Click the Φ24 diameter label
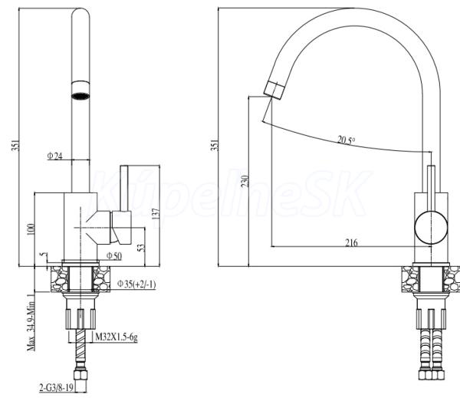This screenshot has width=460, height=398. tap(55, 156)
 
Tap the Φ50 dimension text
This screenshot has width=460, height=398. tap(114, 256)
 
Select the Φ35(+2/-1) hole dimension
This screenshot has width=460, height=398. tap(136, 284)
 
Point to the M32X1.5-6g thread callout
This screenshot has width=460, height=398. tap(117, 337)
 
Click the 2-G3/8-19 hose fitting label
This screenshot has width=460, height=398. tap(56, 388)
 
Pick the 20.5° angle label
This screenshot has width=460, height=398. tap(347, 140)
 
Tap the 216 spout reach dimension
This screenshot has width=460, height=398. tap(351, 243)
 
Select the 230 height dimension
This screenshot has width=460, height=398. tap(245, 182)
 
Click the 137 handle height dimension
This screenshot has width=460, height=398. tap(156, 214)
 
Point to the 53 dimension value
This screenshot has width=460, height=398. tap(141, 248)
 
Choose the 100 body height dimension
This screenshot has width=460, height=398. tap(31, 229)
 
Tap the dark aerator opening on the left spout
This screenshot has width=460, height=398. tap(80, 96)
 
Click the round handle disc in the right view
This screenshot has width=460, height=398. tap(431, 227)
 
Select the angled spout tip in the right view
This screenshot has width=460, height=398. tap(274, 90)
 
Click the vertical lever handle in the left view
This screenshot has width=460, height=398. tap(124, 188)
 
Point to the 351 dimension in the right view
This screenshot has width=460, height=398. tap(215, 145)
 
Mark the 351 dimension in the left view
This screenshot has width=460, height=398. tap(16, 145)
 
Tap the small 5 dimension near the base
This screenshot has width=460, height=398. tap(44, 254)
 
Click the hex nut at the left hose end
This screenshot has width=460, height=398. tap(80, 376)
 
